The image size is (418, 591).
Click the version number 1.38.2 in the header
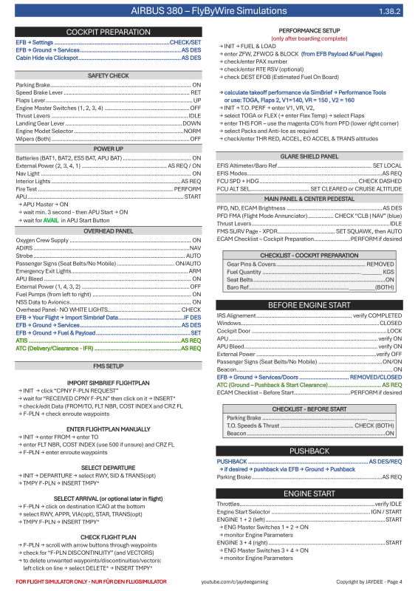pos(388,13)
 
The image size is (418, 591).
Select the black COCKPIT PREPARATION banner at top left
pos(109,33)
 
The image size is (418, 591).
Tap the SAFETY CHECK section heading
pos(109,75)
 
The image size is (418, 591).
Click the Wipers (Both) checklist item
pos(33,138)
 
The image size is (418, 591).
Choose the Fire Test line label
pos(27,189)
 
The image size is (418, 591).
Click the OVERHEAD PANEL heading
pos(109,231)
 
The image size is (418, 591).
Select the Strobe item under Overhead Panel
pos(24,256)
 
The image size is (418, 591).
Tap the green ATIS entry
pos(22,340)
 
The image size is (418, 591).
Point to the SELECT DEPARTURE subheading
pos(109,468)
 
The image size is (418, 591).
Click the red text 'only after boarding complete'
pos(309,38)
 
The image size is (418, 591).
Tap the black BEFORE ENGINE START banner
pos(309,304)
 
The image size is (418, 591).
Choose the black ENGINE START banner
pos(309,493)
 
